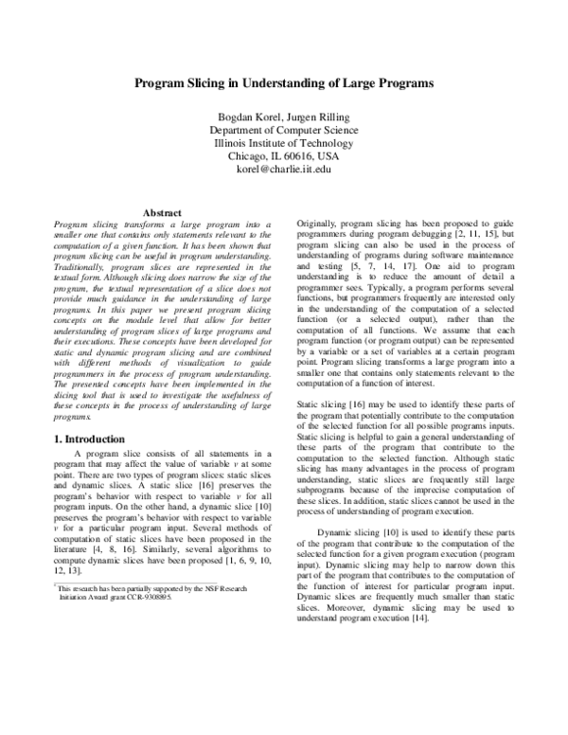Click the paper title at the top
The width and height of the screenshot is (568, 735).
pos(283,83)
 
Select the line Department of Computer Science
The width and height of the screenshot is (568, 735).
pos(283,130)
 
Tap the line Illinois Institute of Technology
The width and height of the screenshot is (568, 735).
pos(283,143)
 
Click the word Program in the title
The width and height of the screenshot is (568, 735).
pos(156,83)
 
